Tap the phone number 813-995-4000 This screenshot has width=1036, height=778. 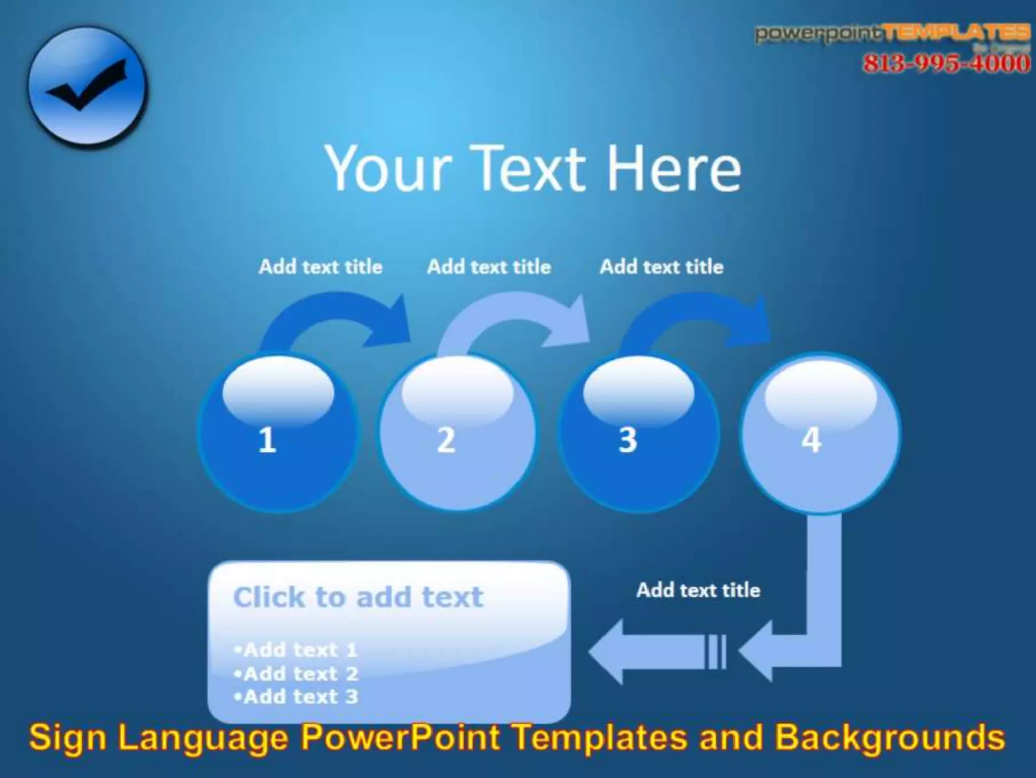click(946, 64)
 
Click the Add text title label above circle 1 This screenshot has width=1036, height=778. click(321, 267)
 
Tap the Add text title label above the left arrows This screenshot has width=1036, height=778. click(698, 590)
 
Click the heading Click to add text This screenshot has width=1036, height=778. click(358, 597)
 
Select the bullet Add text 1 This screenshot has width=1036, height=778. click(296, 650)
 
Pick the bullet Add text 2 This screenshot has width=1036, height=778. click(296, 674)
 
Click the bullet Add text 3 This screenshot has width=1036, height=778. click(296, 697)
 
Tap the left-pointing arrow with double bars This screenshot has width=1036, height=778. click(658, 651)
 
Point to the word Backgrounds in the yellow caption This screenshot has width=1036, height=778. click(890, 738)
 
